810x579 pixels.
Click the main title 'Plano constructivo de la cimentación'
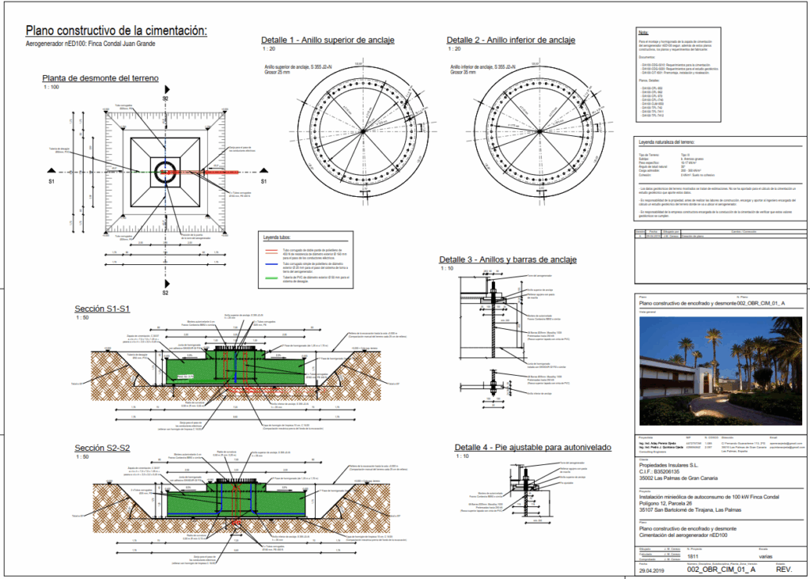tap(116, 31)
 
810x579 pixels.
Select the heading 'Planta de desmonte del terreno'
tap(100, 78)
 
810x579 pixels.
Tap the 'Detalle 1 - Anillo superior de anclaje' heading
tap(327, 40)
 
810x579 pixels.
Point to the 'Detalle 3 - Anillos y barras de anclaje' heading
tap(507, 259)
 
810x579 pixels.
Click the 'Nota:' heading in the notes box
tap(643, 32)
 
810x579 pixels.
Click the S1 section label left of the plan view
tap(51, 181)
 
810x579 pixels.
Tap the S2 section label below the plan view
tap(165, 293)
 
